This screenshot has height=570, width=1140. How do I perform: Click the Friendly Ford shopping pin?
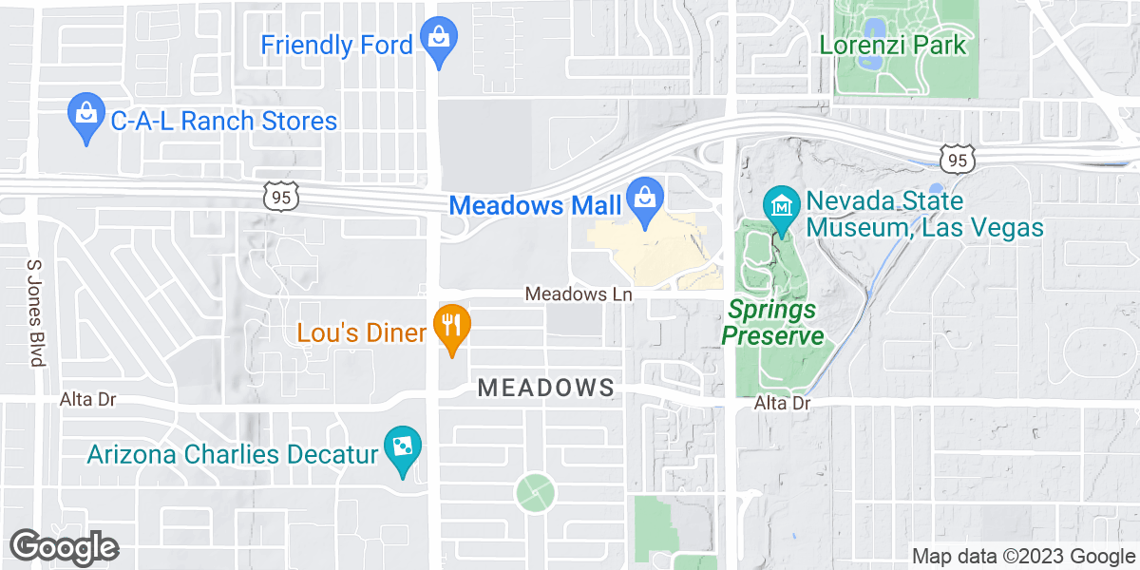[438, 40]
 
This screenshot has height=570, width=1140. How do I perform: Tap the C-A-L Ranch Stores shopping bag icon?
[86, 116]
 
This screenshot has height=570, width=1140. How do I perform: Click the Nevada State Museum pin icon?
[781, 208]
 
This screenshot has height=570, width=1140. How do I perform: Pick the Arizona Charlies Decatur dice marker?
[403, 448]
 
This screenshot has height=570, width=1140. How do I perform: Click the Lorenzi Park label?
[893, 45]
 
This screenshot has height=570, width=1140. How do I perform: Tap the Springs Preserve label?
[771, 323]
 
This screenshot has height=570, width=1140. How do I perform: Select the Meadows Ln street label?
[579, 294]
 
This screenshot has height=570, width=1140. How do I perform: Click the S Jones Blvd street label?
[35, 313]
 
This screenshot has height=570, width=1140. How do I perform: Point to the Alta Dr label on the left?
[87, 399]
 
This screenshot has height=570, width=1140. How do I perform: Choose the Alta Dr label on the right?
[782, 404]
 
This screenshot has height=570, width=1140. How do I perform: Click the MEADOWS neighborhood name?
[546, 388]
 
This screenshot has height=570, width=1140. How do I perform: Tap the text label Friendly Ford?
[336, 45]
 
